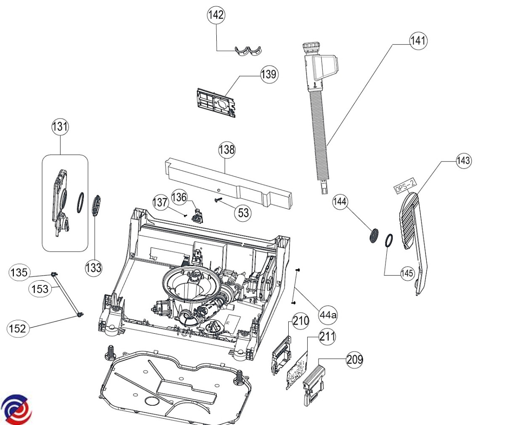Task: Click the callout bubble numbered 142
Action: click(216, 15)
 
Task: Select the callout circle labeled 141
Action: click(418, 41)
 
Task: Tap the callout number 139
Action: click(269, 74)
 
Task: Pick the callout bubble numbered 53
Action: click(243, 212)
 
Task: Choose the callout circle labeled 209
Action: click(354, 359)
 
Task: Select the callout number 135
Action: click(19, 273)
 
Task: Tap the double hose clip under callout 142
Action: click(248, 51)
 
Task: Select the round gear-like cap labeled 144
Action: click(373, 235)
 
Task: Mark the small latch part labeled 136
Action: click(197, 215)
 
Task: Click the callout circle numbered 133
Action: click(93, 267)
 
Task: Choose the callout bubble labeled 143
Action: click(463, 160)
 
